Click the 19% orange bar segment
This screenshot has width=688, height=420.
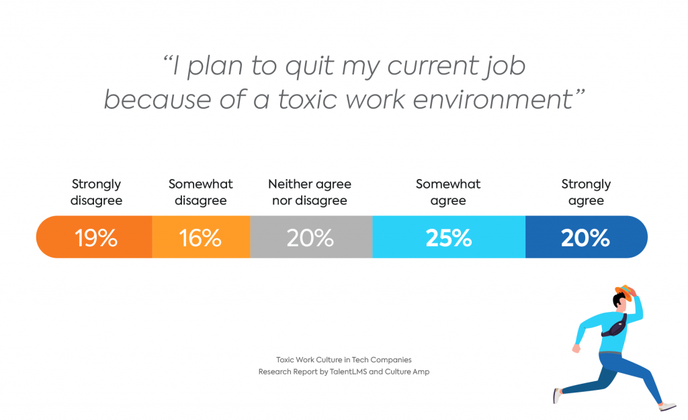(x=95, y=237)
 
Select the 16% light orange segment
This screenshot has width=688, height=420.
(x=201, y=237)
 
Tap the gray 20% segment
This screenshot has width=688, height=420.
(x=310, y=237)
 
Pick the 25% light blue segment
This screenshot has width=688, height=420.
(x=448, y=237)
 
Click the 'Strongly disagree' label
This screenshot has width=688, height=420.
(x=96, y=192)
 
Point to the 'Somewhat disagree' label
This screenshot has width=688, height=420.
(x=201, y=192)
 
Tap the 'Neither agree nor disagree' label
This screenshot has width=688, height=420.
(x=310, y=192)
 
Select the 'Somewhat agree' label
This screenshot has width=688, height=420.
(x=448, y=192)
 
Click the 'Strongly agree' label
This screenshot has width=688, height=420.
(x=586, y=192)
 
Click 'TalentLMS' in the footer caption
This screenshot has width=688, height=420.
(x=348, y=372)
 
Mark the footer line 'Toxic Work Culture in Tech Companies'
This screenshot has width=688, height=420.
(x=344, y=360)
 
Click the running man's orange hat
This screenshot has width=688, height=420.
(x=624, y=291)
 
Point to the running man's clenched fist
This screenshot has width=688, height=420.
(x=576, y=348)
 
